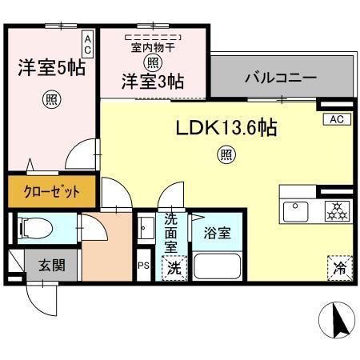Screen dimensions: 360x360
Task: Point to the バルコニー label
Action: [280, 79]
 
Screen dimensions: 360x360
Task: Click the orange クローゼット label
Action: [50, 192]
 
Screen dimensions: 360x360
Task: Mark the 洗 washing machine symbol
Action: [174, 269]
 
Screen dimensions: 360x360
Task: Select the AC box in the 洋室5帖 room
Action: [87, 43]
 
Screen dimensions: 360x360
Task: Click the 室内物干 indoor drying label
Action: [152, 47]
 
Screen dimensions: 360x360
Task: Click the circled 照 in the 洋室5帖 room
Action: [50, 100]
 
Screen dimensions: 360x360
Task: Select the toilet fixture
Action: [35, 229]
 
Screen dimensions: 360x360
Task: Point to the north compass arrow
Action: [337, 322]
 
